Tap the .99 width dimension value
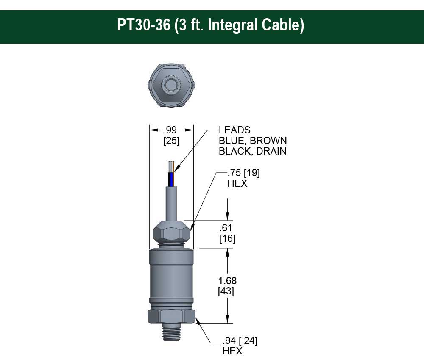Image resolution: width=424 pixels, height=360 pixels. coord(171,131)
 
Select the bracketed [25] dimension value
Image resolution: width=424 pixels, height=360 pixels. coord(171,141)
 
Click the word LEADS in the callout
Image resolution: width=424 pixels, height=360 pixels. coord(234,130)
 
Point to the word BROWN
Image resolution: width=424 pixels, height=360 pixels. coord(268,141)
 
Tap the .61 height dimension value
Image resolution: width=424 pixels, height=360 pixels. coord(227,228)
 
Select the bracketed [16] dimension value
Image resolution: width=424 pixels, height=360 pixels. coord(227,238)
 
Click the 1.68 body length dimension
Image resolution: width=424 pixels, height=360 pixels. coord(227,281)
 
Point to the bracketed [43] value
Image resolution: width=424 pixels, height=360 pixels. coord(226,291)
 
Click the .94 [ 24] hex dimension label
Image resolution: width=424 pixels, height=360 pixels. coord(240,341)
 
